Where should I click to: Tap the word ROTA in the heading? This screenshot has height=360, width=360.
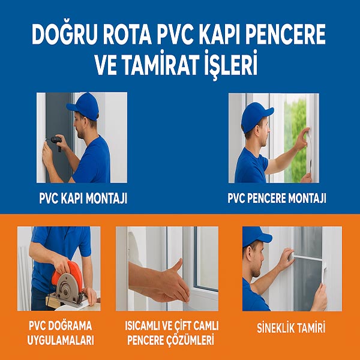[127, 34]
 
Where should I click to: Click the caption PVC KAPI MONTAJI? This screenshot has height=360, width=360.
[83, 198]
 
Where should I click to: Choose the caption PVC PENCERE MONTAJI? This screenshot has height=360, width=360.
[277, 198]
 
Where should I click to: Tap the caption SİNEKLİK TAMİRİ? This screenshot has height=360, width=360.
[291, 328]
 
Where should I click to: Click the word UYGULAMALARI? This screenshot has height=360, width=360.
[61, 340]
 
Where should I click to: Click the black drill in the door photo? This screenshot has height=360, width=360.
[57, 141]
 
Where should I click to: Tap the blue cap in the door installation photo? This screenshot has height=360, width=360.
[83, 106]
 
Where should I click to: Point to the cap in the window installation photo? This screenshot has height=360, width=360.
[256, 116]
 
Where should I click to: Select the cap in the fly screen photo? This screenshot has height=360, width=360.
[256, 237]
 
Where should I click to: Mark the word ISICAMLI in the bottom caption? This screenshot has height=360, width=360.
[142, 326]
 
